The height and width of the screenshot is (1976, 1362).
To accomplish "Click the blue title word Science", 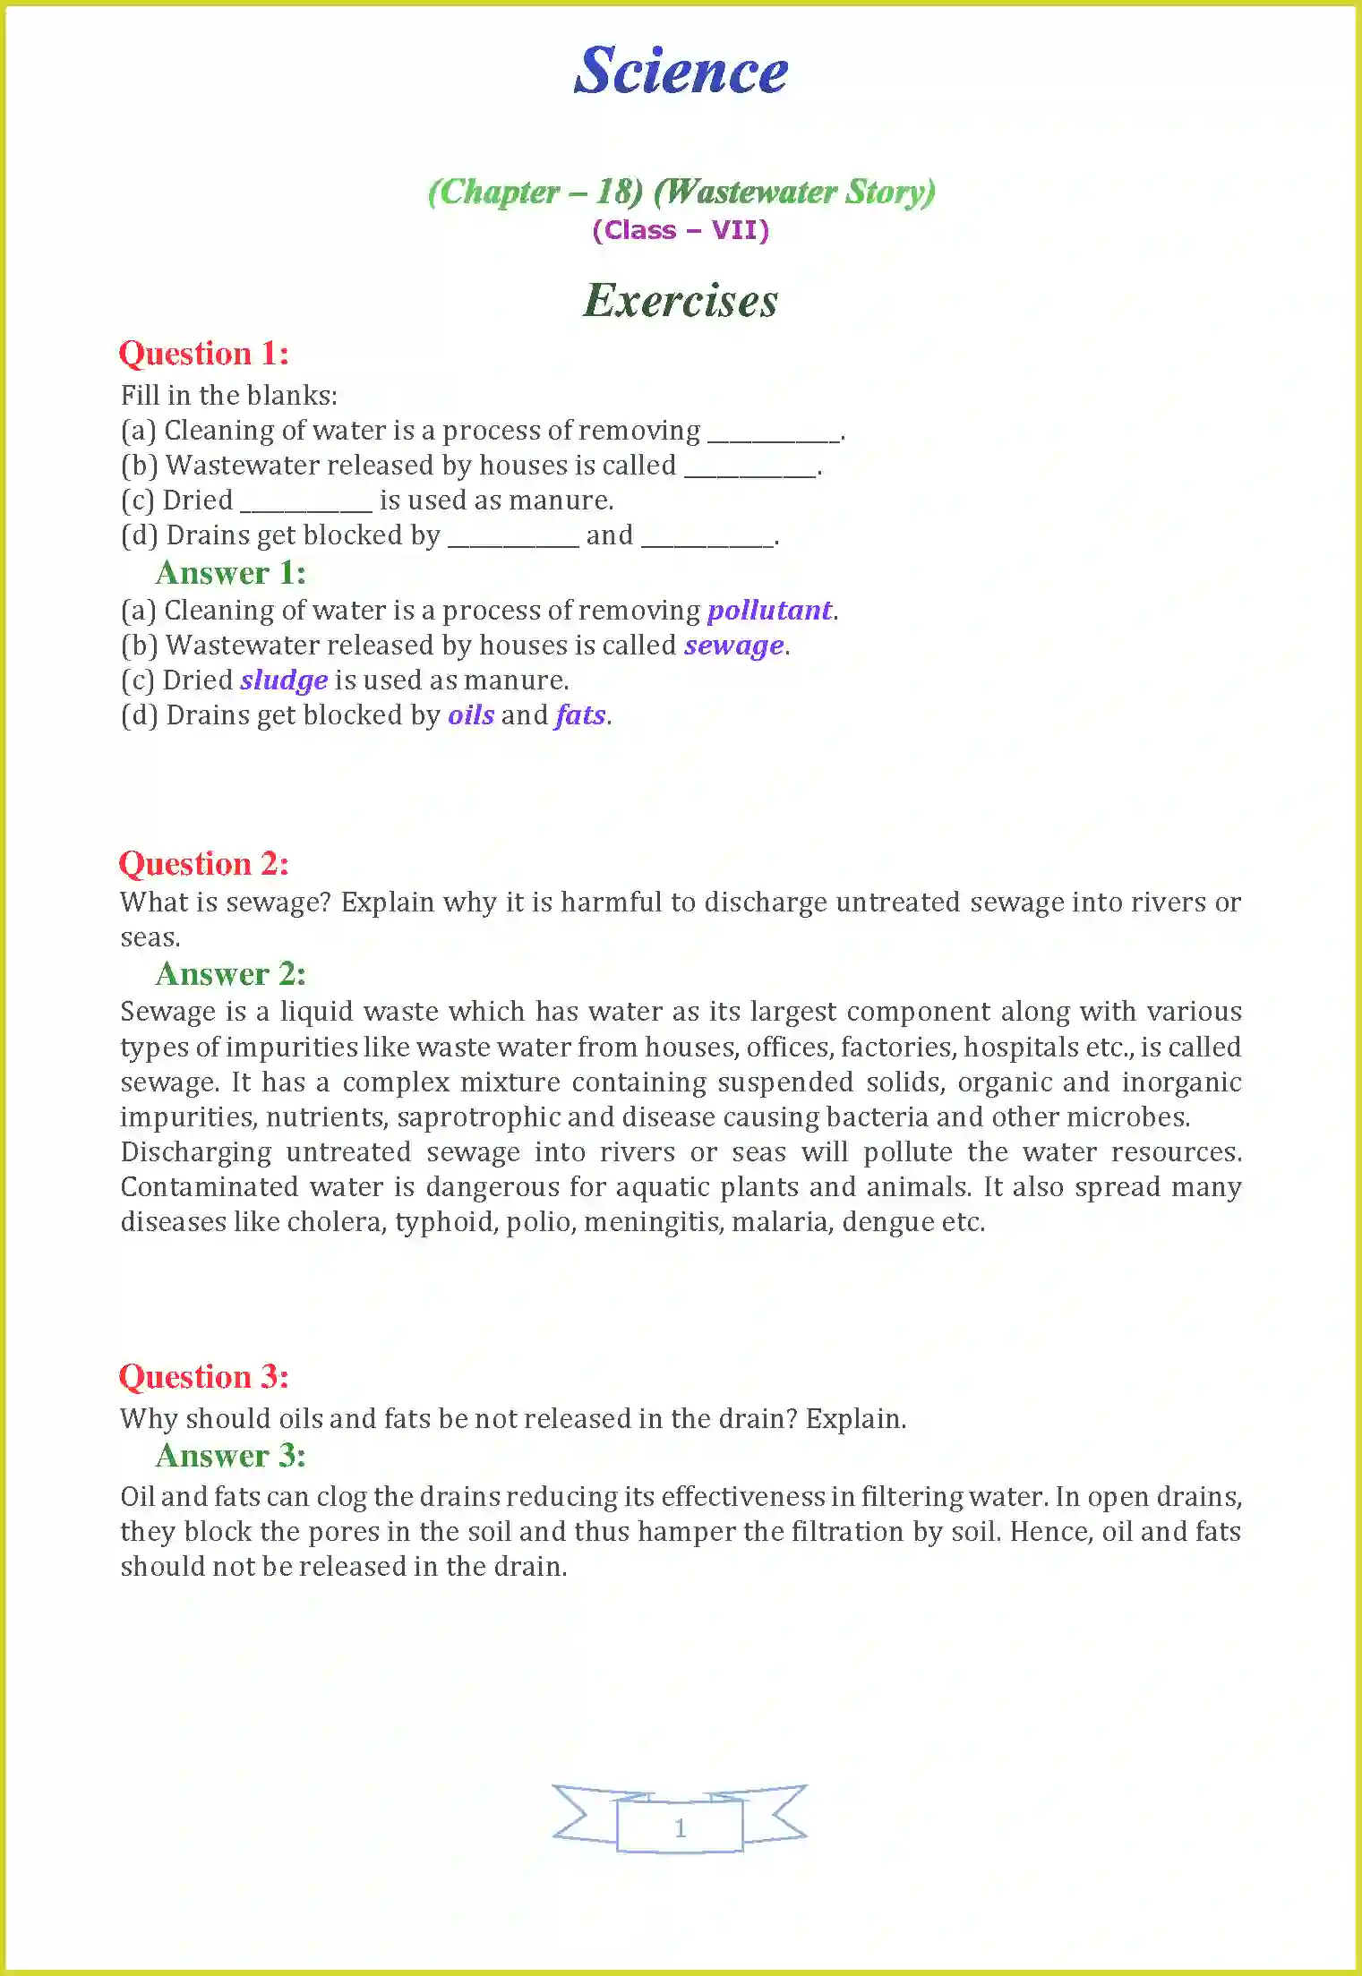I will pos(681,71).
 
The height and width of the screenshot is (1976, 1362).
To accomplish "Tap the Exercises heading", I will pos(681,301).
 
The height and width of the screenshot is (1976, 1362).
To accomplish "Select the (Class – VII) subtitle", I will pos(681,231).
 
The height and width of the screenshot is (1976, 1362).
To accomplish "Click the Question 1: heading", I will pos(204,354).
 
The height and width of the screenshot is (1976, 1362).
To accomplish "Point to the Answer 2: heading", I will pos(231,974).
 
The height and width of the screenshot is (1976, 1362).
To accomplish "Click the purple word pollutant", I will pos(769,611).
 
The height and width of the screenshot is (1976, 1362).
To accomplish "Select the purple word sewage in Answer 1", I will pos(734,646).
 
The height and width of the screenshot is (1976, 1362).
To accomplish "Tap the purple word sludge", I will pos(284,680).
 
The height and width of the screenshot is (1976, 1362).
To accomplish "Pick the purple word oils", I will pos(471,715).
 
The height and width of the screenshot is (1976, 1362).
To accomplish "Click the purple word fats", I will pos(580,715).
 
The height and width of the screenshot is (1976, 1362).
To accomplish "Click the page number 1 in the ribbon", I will pos(680,1827).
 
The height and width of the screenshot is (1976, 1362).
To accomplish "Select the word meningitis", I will pos(654,1222).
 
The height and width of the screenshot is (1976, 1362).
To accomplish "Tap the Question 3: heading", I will pos(204,1377).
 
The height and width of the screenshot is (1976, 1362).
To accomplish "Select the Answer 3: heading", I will pos(231,1456).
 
